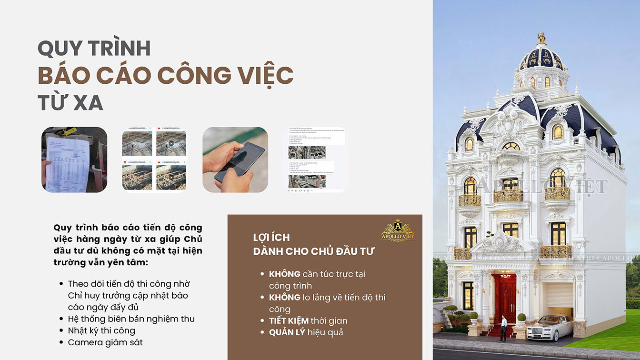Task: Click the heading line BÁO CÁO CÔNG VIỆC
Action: coord(165,76)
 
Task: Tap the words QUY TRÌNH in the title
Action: coord(94,48)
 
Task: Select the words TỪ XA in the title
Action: coord(70,102)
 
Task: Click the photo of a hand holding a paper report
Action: coord(74,160)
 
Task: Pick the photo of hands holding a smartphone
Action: coord(235,160)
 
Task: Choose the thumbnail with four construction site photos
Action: coord(154,160)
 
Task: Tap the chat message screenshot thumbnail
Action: coord(316,160)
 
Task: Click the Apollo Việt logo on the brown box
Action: coord(398,230)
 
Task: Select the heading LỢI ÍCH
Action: coord(271,237)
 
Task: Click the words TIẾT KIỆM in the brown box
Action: coord(289,320)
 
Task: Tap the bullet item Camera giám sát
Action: coord(105,342)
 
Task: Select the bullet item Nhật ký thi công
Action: coord(101,330)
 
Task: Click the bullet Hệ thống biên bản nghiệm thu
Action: coord(131,319)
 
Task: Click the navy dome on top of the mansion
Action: coord(541,59)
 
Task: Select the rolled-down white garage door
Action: coord(560,295)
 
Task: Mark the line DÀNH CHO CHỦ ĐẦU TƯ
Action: coord(314,251)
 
